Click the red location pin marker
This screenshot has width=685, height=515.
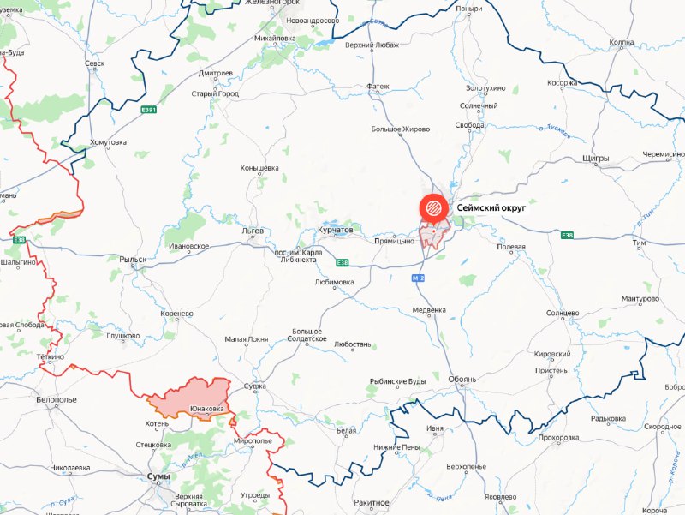(432, 208)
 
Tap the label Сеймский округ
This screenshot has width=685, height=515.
(491, 207)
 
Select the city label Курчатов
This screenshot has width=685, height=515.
(335, 231)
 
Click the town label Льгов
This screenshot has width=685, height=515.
(253, 231)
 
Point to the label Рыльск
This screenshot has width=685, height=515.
(133, 259)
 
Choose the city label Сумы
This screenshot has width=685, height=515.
(158, 476)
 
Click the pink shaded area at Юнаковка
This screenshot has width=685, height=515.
(193, 397)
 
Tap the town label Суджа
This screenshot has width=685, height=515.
(255, 386)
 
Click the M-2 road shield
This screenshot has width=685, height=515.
(418, 278)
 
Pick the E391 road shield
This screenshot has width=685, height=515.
(150, 110)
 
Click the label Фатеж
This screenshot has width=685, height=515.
(378, 87)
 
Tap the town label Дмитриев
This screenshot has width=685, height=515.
(215, 73)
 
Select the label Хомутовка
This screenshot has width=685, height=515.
(109, 142)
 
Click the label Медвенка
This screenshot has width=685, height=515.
(429, 309)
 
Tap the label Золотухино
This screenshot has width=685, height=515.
(485, 88)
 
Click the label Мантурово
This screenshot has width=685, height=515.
(640, 299)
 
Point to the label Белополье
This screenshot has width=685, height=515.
(57, 399)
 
